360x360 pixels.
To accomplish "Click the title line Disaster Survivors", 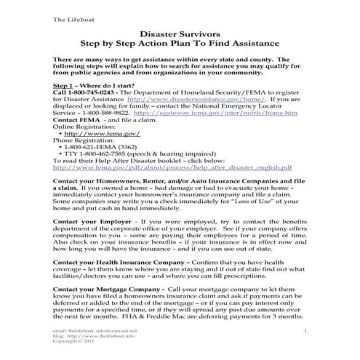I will pos(179,33).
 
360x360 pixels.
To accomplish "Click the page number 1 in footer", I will pos(308,331).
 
